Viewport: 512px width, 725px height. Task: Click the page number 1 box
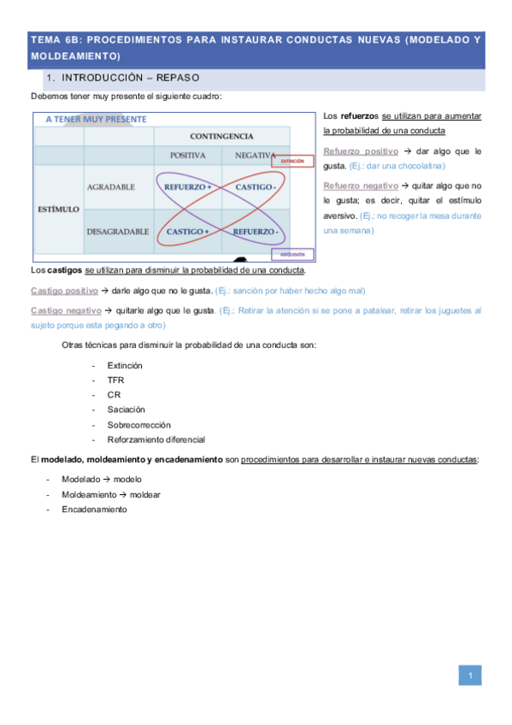pos(470,676)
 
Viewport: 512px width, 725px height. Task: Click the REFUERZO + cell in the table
pos(187,187)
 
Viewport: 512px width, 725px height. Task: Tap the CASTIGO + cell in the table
pos(187,231)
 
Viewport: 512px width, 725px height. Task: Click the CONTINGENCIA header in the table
pos(221,136)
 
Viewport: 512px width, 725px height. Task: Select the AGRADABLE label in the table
pos(110,187)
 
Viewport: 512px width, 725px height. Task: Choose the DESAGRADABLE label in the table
pos(117,231)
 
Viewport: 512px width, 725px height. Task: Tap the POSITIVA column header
pos(187,156)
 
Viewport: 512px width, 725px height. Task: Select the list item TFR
pos(115,380)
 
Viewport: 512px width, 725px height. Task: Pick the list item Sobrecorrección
pos(138,424)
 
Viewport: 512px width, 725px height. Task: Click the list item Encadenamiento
pos(94,510)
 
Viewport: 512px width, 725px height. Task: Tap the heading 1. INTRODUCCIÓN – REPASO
pos(125,78)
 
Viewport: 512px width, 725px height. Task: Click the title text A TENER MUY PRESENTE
pos(96,120)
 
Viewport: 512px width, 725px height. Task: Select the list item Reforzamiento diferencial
pos(156,439)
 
